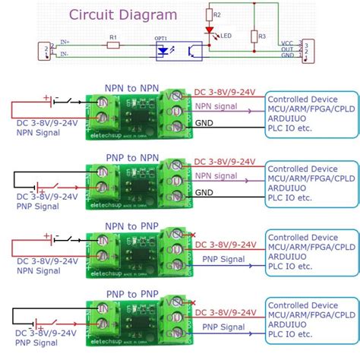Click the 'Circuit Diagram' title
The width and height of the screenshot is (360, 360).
(x=123, y=14)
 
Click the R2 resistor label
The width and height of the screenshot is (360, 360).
(x=218, y=14)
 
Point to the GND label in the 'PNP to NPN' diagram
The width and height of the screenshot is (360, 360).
(x=204, y=193)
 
